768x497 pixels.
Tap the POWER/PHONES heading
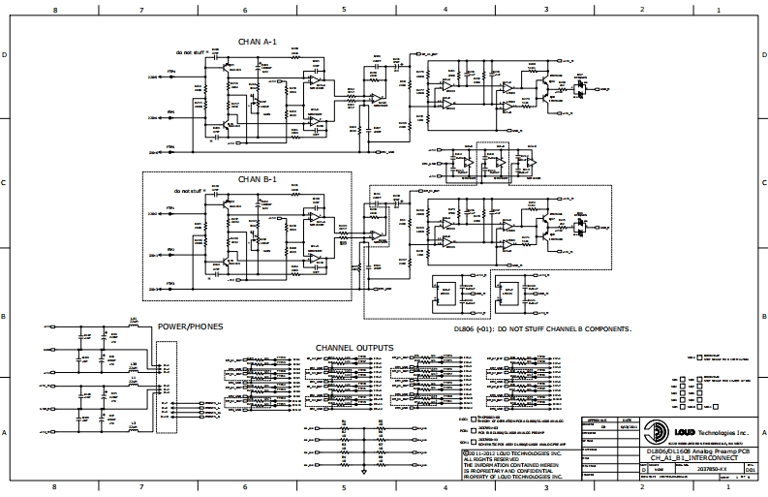(x=191, y=327)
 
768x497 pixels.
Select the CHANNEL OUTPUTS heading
(x=354, y=348)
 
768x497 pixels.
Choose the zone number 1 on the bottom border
(x=717, y=486)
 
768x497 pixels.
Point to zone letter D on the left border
(x=6, y=55)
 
